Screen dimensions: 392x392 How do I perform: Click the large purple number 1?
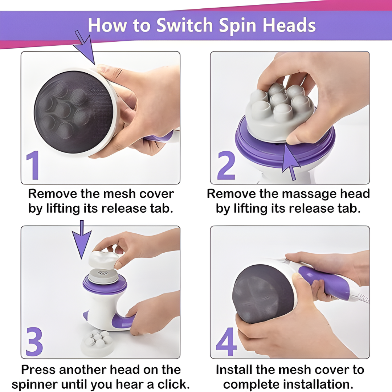[x=33, y=165]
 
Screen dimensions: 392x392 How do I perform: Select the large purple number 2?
[x=226, y=165]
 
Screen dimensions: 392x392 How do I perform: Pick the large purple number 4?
[x=226, y=342]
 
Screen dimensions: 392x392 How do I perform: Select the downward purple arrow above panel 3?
[x=82, y=239]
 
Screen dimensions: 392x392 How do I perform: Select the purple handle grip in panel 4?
[x=325, y=282]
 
